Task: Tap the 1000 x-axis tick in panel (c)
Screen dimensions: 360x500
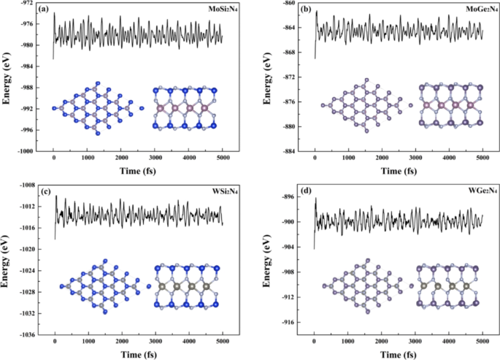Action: tap(88, 342)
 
